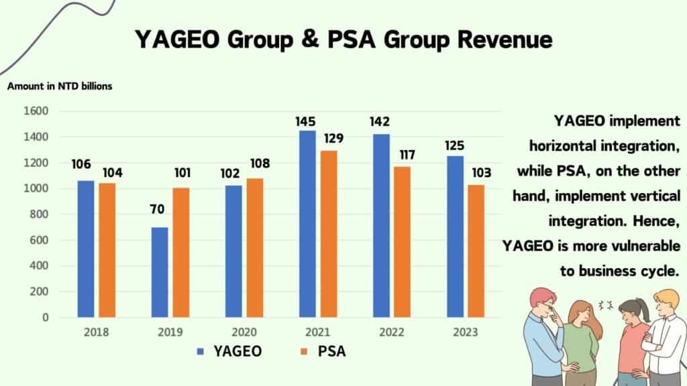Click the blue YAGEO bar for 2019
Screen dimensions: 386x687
tap(160, 272)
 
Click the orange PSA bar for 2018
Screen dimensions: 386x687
tap(107, 249)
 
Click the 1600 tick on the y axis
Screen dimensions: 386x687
tap(36, 111)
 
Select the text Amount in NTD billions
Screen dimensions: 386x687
tap(60, 86)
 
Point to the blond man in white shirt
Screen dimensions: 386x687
tap(665, 335)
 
